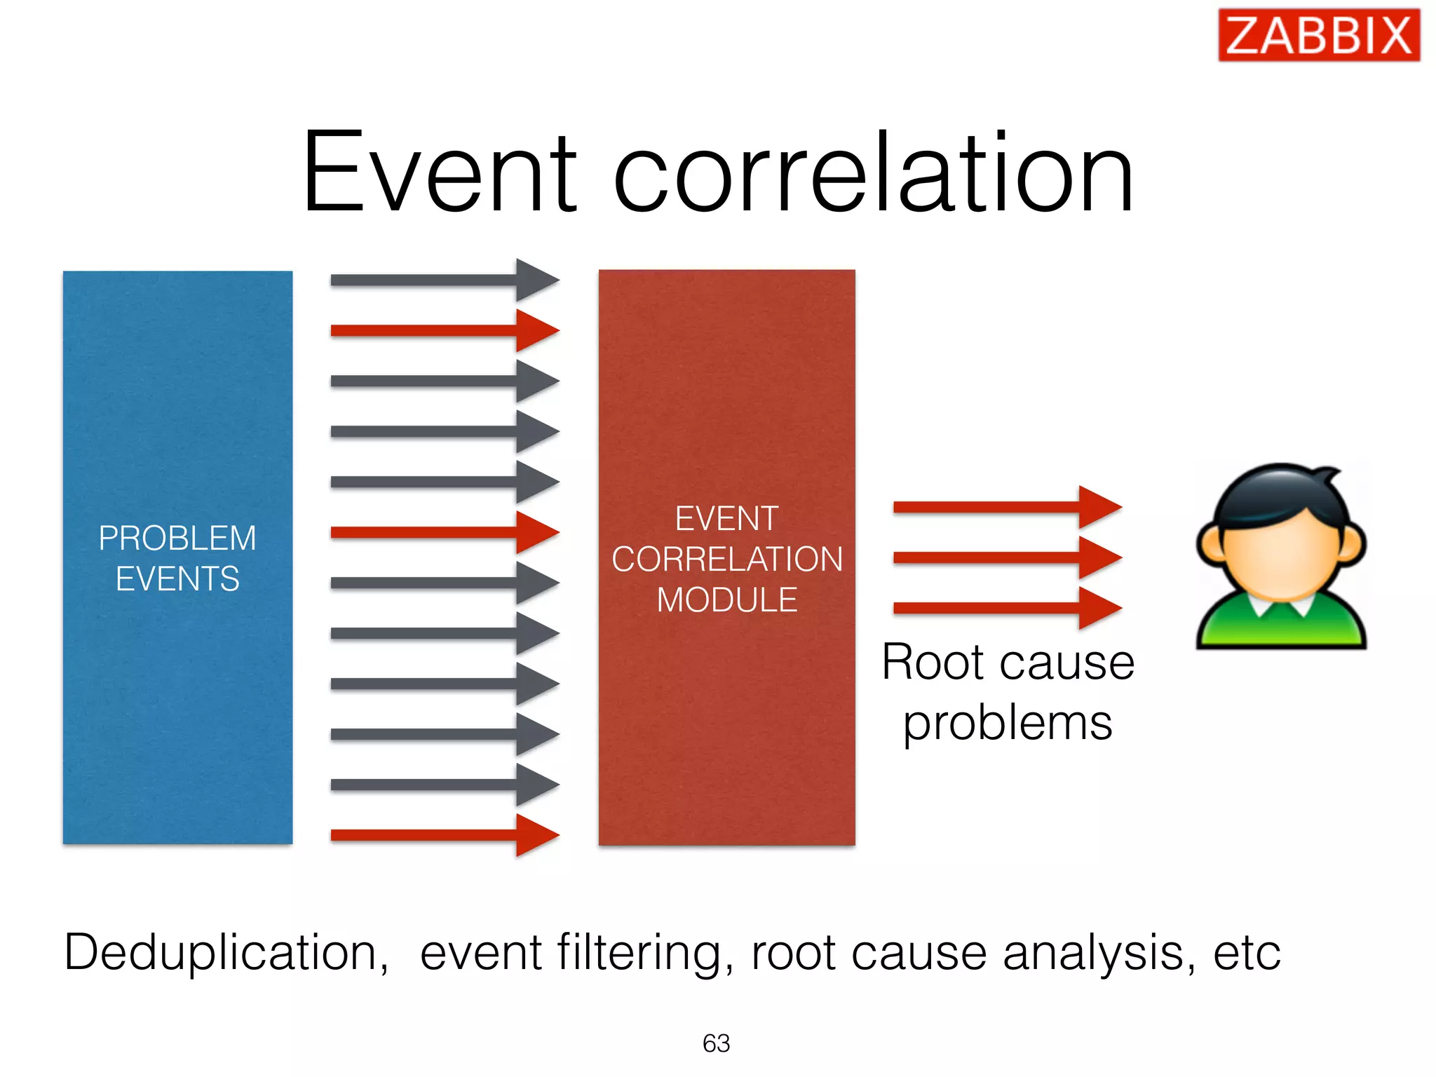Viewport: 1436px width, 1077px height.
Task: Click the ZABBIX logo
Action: [x=1318, y=35]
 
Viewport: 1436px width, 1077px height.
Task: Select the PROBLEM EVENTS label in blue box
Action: [x=177, y=558]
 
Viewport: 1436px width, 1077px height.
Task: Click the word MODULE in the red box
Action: [x=726, y=600]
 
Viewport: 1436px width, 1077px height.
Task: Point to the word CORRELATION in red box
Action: [x=726, y=560]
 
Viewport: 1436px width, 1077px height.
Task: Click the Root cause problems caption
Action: [x=1008, y=692]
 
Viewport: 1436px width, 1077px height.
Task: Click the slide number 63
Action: [x=716, y=1043]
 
